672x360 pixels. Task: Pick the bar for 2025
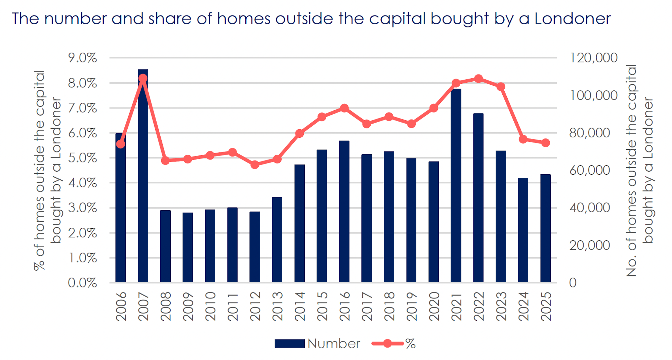pos(545,228)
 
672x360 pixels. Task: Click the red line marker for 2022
pos(478,79)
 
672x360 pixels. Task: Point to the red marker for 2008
pos(165,161)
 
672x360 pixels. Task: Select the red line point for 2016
pos(344,108)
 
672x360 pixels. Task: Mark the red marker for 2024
pos(523,139)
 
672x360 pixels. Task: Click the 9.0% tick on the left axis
pos(83,58)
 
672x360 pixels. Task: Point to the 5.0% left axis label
pos(83,158)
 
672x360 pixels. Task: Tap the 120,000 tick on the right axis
pos(593,58)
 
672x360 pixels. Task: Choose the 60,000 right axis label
pos(589,170)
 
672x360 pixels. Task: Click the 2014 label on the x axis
pos(300,306)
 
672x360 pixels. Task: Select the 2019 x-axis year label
pos(411,306)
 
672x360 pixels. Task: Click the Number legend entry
pos(318,344)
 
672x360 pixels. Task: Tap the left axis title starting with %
pos(47,171)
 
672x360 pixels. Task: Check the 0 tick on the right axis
pos(573,283)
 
